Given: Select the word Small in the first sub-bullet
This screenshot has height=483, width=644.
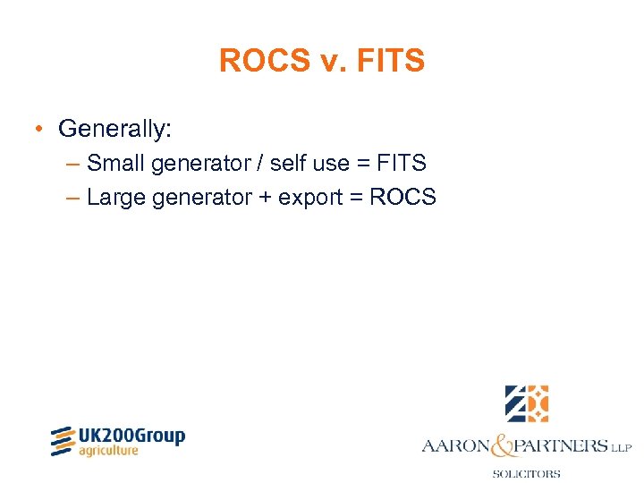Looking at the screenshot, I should tap(116, 164).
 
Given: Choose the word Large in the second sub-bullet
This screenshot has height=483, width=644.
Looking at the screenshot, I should tap(116, 197).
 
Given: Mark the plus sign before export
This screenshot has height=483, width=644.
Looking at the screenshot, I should tap(265, 198).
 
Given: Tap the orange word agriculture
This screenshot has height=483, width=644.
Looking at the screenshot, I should tap(109, 451).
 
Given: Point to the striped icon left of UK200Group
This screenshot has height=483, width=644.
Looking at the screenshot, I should tap(62, 441).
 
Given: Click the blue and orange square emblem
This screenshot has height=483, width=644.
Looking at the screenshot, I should tap(526, 403).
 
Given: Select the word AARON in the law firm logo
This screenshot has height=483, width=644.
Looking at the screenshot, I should tap(456, 445).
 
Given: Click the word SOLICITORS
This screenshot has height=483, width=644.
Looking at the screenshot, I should tap(526, 473).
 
